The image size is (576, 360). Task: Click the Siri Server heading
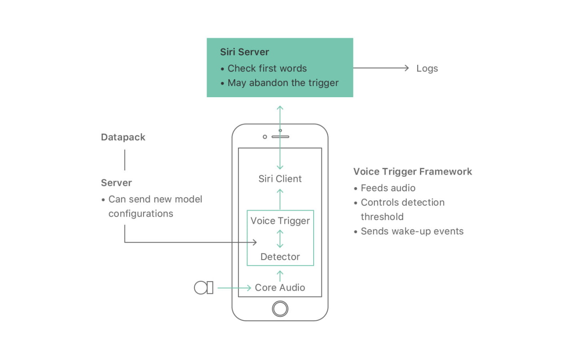click(244, 52)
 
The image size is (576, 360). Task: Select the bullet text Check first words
click(267, 68)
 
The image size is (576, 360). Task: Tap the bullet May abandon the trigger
click(283, 83)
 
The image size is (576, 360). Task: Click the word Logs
click(427, 68)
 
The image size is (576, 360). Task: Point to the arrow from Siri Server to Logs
click(380, 68)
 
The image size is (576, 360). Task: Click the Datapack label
click(123, 137)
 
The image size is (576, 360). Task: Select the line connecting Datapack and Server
click(125, 160)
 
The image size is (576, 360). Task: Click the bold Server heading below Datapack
click(116, 183)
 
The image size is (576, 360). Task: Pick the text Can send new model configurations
click(155, 206)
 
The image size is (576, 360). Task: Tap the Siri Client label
click(280, 179)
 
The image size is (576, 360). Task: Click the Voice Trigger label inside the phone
click(280, 220)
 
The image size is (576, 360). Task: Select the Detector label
click(280, 257)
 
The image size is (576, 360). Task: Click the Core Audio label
click(280, 288)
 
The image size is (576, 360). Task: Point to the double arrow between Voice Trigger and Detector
click(280, 239)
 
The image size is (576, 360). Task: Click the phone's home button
click(280, 309)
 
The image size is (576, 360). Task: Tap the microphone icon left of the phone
click(203, 288)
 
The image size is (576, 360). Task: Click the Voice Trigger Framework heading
click(413, 171)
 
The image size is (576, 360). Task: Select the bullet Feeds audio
click(388, 188)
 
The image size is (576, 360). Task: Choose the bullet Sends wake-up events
click(412, 231)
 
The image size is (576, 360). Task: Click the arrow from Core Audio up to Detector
click(280, 275)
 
